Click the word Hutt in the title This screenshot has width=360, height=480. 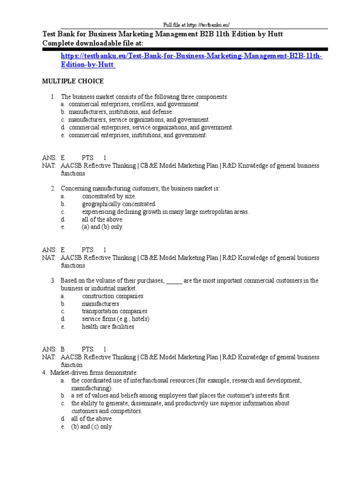coord(273,34)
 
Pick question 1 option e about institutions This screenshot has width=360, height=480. coord(137,135)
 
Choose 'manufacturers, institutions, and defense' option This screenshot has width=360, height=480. coord(120,112)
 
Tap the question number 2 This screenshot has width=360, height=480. coord(53,188)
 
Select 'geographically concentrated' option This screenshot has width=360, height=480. coord(119,204)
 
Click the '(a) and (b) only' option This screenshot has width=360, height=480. coord(102,227)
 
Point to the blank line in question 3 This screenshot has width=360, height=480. coord(174,281)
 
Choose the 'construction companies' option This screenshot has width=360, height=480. coord(112,296)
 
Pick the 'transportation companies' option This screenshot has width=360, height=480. coord(114,311)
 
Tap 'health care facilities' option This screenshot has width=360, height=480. coord(108,327)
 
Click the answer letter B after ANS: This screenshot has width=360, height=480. coord(62,349)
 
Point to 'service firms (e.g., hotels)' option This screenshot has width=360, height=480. coord(116,319)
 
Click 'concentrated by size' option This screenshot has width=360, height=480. coord(109,196)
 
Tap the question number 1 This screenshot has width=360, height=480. coord(53,97)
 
